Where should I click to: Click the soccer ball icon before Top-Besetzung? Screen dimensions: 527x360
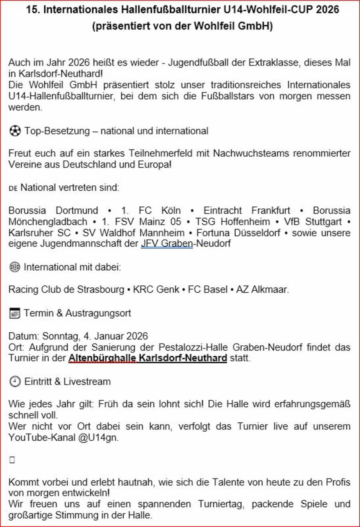[15, 131]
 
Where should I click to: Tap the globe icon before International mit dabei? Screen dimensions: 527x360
[14, 267]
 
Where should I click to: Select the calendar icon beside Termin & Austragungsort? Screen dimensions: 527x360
[14, 313]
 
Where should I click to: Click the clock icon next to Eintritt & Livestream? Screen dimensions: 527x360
[15, 381]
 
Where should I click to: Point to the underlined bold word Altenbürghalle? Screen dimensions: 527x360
[102, 358]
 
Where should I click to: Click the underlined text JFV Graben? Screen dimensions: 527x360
[166, 244]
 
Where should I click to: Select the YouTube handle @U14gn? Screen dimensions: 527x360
[98, 437]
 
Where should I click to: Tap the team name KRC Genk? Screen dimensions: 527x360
[156, 289]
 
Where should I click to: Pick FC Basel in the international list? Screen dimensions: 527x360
[208, 289]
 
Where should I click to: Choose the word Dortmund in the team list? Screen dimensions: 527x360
[77, 210]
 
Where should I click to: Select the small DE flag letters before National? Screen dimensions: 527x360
[13, 188]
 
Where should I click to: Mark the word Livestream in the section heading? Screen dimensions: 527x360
[87, 381]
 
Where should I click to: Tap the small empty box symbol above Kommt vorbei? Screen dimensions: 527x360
[12, 460]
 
